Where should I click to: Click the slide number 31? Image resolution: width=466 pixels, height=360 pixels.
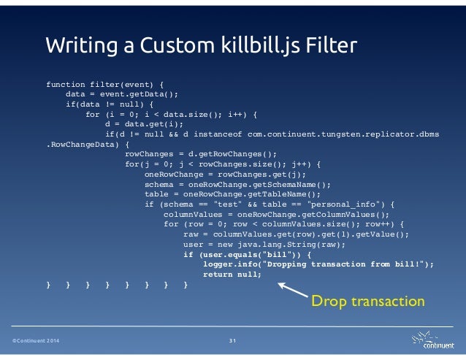[x=233, y=342]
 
